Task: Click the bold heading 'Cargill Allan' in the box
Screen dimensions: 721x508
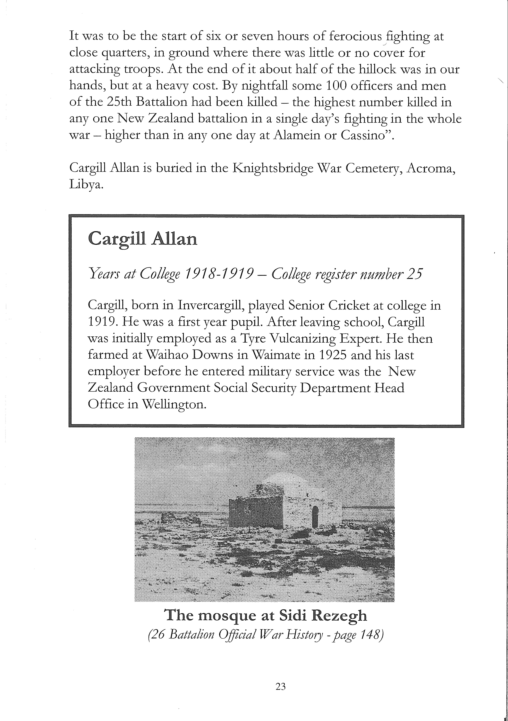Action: (143, 239)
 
